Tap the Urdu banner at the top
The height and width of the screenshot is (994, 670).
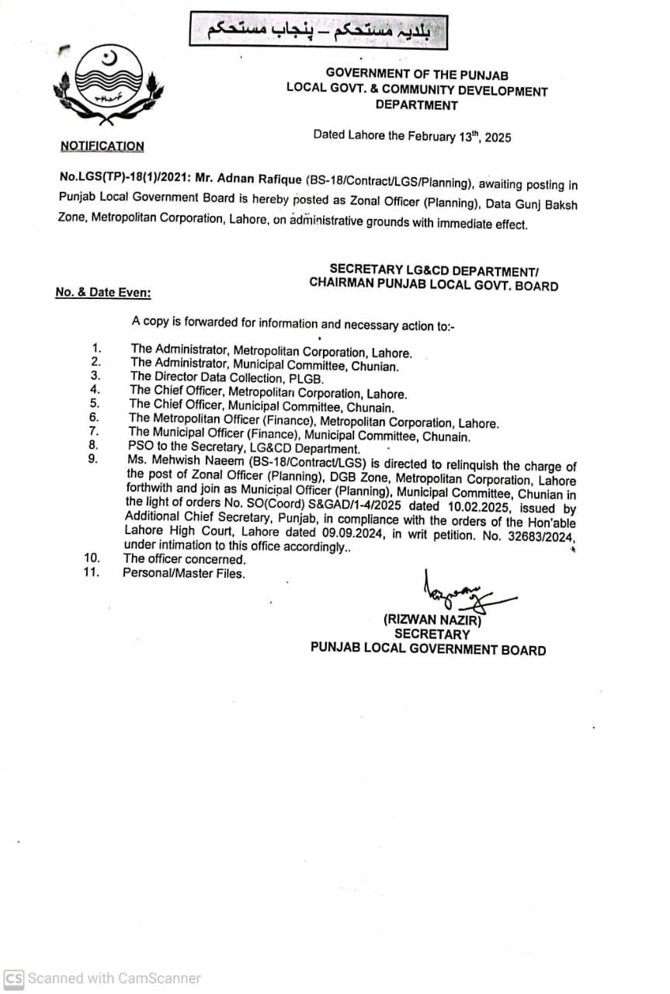(318, 30)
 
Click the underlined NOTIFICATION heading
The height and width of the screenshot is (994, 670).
(102, 146)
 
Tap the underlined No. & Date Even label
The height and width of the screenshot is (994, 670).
(103, 292)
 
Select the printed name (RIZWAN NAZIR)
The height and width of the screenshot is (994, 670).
(432, 620)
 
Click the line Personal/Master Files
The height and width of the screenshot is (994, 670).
(183, 573)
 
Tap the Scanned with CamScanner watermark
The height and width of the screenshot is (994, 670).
(103, 978)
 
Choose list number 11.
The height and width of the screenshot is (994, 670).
(92, 572)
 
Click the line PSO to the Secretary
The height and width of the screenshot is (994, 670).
(244, 449)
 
